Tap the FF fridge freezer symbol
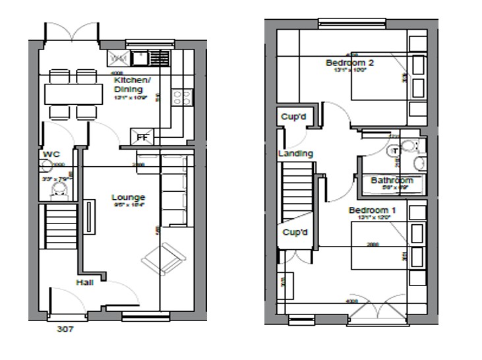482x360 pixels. (x=142, y=137)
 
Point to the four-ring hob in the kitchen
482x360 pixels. (x=181, y=98)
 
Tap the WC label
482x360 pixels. (x=51, y=154)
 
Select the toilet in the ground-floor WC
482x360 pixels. (x=59, y=190)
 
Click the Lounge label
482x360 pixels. (x=128, y=197)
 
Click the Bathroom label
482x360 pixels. (x=392, y=180)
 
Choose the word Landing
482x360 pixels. (x=295, y=154)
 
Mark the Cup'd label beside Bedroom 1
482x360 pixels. (x=295, y=233)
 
